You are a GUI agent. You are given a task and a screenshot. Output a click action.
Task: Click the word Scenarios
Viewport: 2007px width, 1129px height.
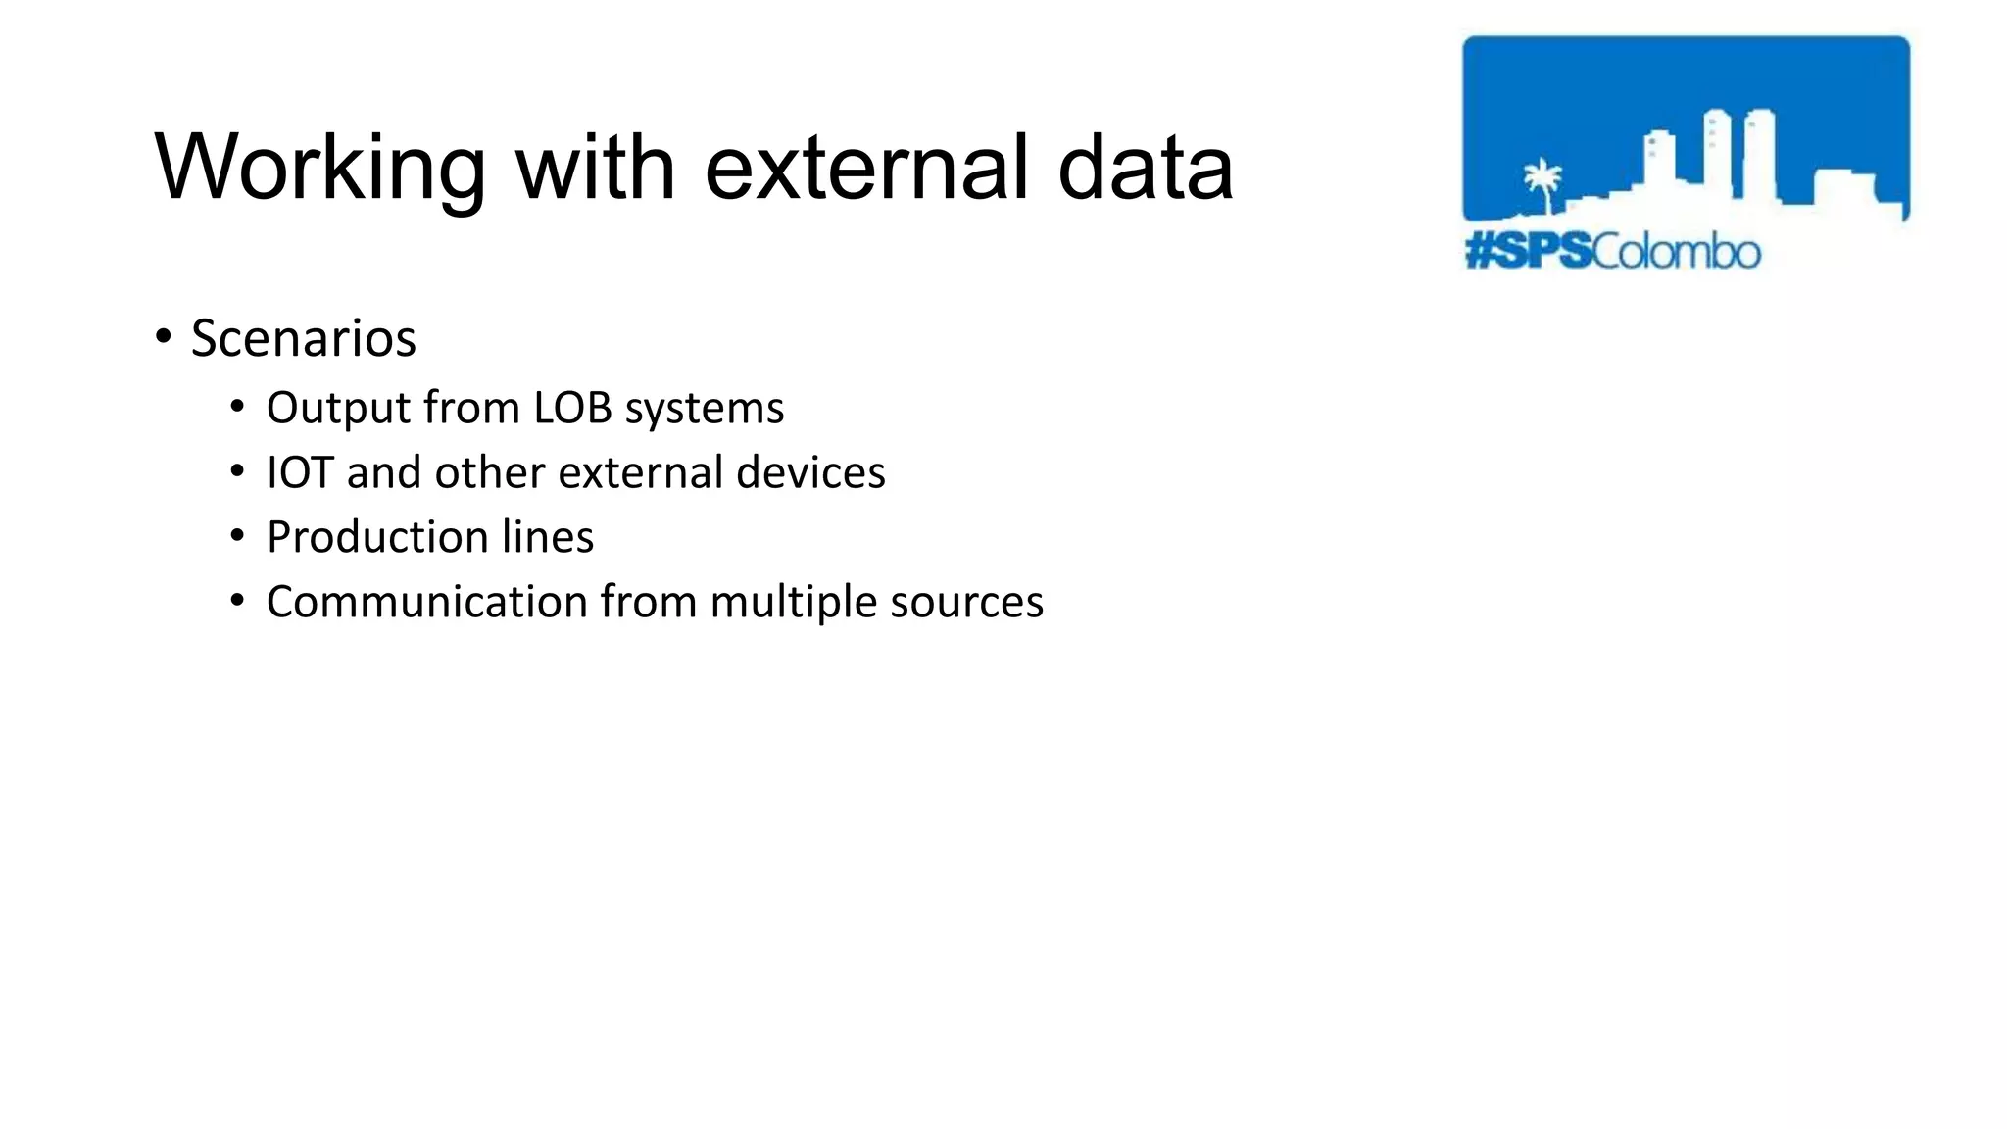click(303, 339)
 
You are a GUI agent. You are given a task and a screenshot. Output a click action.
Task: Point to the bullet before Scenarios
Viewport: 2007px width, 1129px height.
click(164, 336)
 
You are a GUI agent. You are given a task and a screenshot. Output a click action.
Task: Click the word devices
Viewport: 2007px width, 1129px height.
click(810, 472)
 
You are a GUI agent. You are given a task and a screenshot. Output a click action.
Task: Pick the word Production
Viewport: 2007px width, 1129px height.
click(377, 537)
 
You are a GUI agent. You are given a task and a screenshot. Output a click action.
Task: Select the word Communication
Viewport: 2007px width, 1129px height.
click(426, 602)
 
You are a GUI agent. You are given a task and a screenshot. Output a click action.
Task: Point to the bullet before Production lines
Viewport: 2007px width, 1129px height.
click(237, 536)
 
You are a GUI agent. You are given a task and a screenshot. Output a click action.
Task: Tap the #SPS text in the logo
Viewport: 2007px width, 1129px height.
click(1528, 252)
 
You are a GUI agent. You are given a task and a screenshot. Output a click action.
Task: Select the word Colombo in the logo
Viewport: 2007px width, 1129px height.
click(1676, 252)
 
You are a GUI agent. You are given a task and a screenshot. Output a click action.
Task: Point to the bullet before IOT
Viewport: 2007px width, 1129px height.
click(237, 471)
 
